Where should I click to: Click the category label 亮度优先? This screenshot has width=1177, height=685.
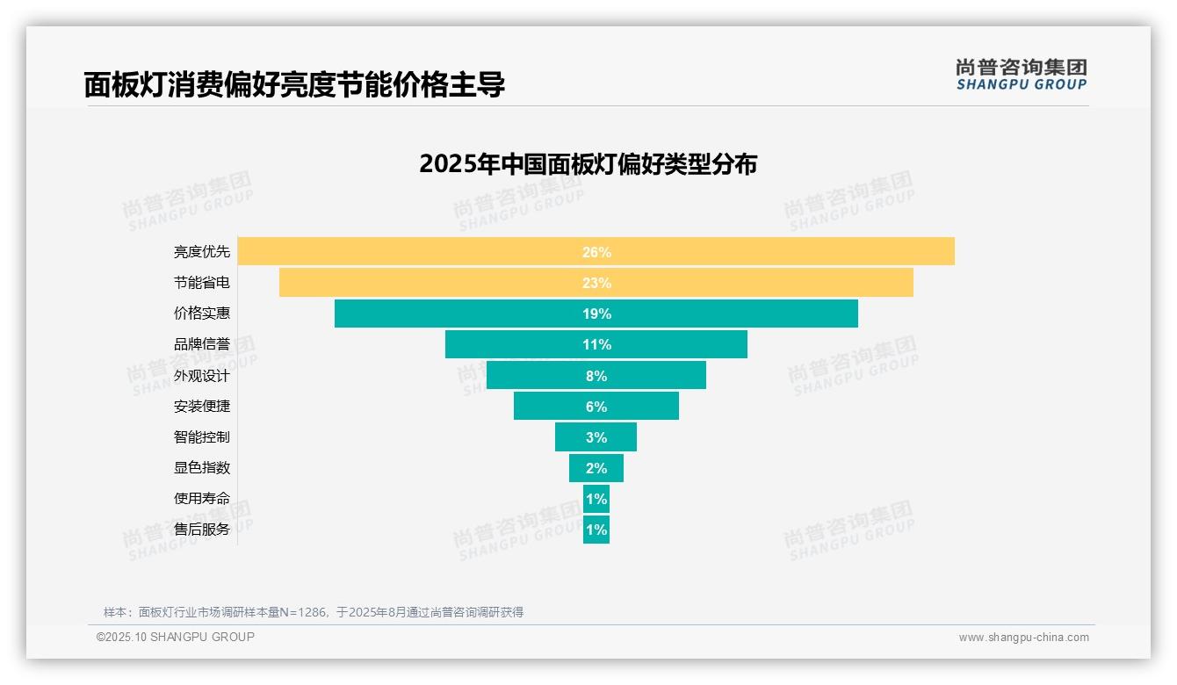click(x=202, y=252)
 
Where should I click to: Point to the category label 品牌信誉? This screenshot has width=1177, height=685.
click(x=202, y=344)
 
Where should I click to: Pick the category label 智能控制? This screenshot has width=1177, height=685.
click(x=202, y=437)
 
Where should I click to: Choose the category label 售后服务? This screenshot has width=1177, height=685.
click(x=202, y=530)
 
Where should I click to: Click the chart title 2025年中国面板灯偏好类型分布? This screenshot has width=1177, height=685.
click(x=588, y=164)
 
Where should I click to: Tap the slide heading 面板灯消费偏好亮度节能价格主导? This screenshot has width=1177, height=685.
click(x=294, y=85)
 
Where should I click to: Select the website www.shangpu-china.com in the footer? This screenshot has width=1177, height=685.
click(x=1023, y=638)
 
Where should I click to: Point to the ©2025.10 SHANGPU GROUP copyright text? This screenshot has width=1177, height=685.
click(x=176, y=638)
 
